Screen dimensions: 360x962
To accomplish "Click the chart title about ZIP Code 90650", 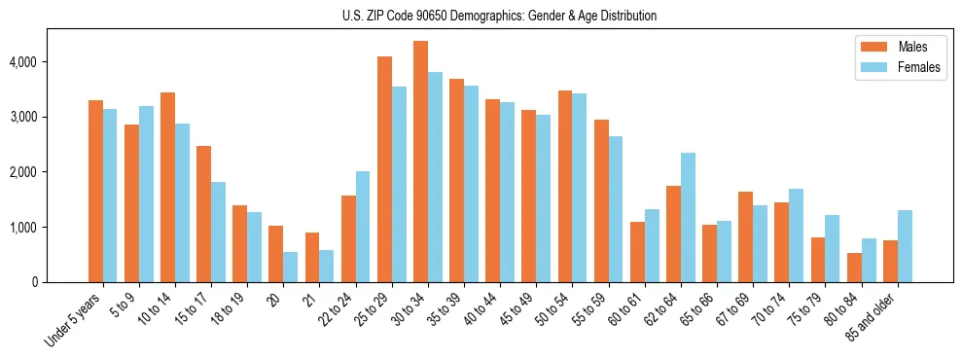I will [499, 16].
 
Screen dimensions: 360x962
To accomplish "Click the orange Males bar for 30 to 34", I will [420, 162].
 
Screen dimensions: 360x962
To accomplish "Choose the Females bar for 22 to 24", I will [363, 227].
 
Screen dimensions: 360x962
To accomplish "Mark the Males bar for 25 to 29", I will [384, 169].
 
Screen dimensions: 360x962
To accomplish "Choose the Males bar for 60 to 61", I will [637, 252].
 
